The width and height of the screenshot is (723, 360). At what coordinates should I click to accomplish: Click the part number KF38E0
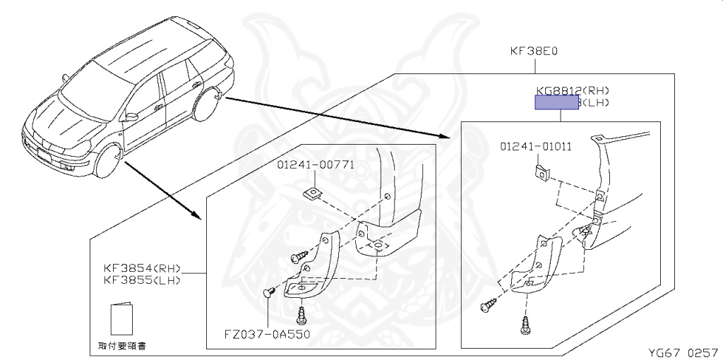click(534, 52)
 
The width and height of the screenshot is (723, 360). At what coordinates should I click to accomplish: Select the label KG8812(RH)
click(572, 90)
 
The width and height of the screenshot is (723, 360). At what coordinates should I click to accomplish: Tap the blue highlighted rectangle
click(557, 103)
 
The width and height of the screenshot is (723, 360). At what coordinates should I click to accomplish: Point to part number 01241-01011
click(536, 147)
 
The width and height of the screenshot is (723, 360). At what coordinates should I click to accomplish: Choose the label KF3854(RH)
click(143, 269)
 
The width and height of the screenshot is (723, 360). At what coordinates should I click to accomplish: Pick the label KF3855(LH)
click(143, 280)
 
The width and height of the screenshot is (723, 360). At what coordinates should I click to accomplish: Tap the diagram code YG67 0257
click(683, 351)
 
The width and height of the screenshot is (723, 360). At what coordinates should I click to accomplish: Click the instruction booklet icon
click(121, 320)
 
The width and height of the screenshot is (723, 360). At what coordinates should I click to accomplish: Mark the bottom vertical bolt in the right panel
click(527, 324)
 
